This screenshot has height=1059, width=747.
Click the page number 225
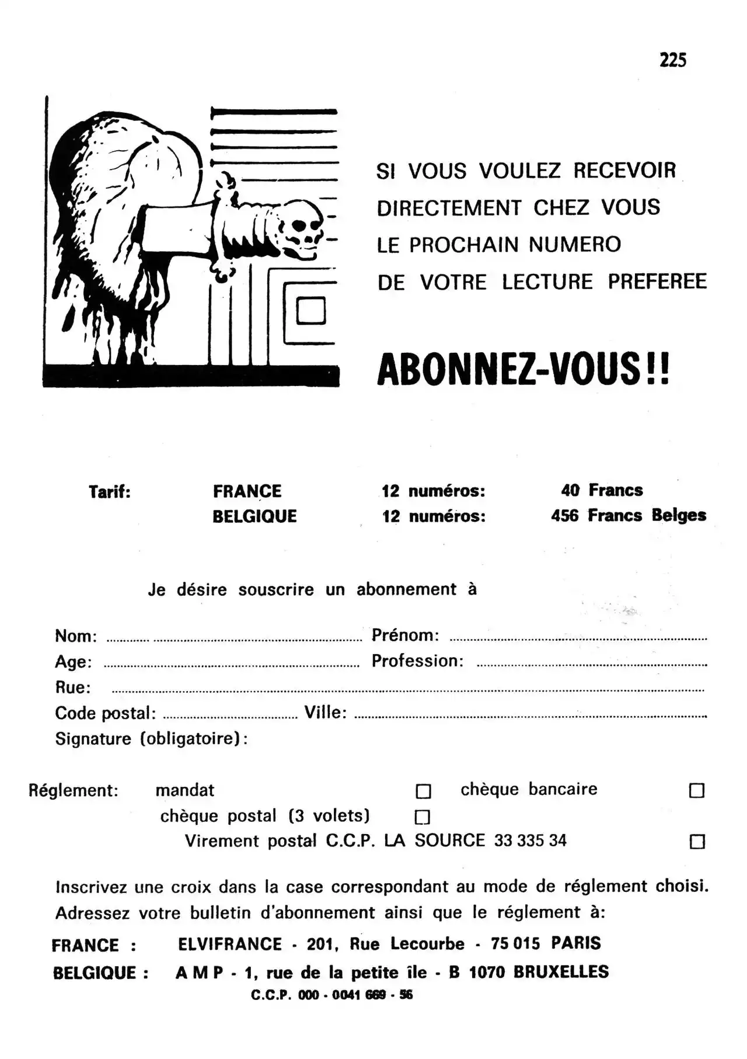click(673, 60)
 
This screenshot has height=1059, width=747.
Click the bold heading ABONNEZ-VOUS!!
click(523, 370)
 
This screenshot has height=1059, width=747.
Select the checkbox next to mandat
click(423, 791)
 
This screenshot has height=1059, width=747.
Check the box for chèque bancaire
click(697, 790)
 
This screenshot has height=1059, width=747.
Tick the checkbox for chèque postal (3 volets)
click(422, 816)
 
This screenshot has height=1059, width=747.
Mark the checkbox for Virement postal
click(697, 842)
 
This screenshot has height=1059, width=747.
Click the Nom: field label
click(76, 636)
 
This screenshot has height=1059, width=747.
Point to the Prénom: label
click(405, 635)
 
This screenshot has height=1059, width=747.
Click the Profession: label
click(417, 661)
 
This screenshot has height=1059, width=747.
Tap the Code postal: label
click(105, 713)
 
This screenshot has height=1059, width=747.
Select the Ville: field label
click(325, 712)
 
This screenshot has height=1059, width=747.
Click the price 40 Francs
click(602, 490)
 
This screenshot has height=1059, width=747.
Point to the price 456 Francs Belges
click(628, 515)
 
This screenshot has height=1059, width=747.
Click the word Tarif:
click(110, 492)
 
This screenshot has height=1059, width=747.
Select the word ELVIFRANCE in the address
click(229, 944)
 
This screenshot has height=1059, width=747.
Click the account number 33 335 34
click(530, 841)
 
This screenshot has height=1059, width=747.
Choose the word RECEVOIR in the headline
click(624, 171)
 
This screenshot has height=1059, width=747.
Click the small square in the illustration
click(310, 310)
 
